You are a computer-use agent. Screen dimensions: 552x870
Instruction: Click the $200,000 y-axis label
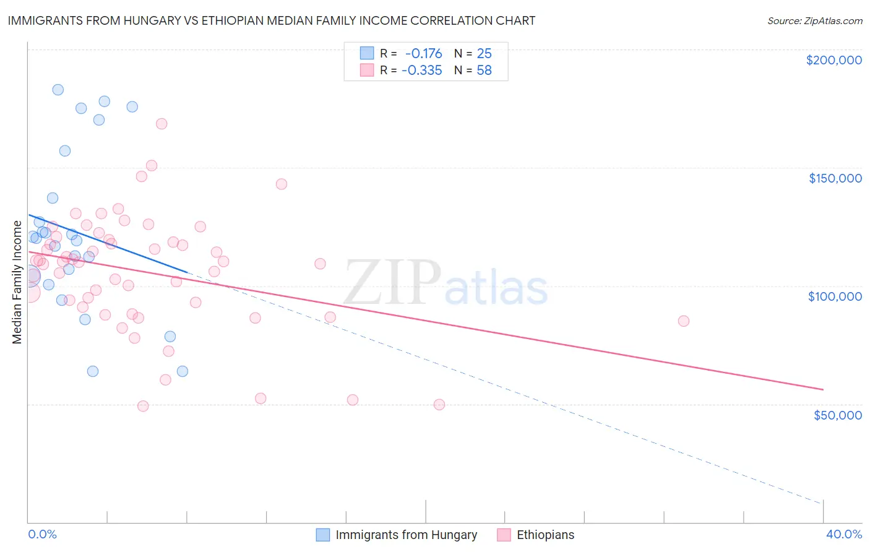833,60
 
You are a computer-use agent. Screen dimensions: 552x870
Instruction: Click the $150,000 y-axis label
835,178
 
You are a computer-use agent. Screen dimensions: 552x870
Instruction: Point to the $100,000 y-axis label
835,296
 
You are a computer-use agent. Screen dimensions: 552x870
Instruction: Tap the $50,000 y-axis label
837,415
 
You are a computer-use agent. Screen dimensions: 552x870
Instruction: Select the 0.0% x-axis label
42,535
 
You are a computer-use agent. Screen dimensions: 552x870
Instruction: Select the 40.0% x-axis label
843,535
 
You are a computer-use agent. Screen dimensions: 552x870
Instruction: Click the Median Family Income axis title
17,282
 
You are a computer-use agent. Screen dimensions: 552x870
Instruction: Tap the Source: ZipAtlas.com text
814,20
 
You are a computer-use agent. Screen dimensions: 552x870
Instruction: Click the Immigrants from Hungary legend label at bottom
406,535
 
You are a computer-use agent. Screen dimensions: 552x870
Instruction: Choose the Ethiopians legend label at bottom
545,535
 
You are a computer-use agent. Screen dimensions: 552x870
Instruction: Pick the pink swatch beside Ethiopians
504,535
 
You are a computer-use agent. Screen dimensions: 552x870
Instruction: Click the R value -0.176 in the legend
423,53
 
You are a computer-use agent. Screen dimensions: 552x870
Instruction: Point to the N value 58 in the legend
484,71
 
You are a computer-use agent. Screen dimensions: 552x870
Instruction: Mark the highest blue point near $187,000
58,90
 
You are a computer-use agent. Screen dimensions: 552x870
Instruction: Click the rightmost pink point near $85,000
683,321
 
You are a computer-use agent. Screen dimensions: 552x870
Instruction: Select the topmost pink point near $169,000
162,124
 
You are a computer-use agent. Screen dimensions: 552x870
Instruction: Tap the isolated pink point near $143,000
282,184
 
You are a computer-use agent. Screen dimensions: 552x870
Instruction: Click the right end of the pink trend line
823,389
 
